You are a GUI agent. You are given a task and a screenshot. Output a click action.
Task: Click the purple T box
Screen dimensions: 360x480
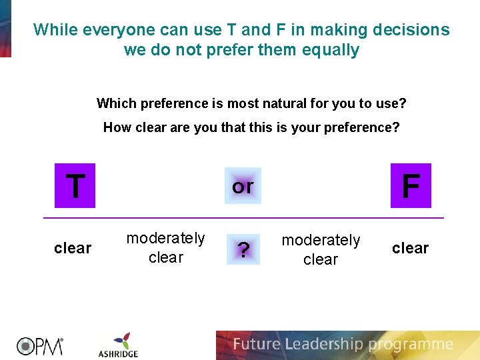(x=75, y=185)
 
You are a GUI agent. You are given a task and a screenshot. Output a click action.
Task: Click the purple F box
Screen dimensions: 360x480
(x=411, y=185)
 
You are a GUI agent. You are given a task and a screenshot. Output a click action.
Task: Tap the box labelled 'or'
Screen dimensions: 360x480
(x=243, y=186)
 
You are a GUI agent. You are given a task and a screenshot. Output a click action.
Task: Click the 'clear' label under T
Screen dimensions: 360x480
(x=72, y=248)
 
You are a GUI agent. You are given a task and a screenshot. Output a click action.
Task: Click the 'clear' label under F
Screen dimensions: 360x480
(x=410, y=248)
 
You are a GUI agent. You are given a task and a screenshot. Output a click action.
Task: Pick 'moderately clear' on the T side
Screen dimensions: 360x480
(x=165, y=247)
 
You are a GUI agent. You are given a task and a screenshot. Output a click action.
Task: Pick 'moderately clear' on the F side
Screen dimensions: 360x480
(x=321, y=249)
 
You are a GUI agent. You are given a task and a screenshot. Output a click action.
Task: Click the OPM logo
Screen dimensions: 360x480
(x=39, y=345)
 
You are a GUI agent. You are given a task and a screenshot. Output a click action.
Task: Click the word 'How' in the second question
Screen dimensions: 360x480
(x=117, y=127)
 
